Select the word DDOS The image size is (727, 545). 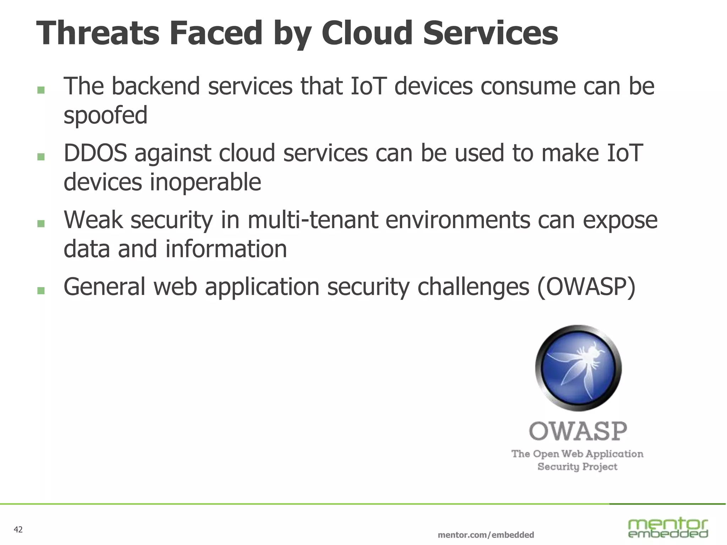click(x=95, y=153)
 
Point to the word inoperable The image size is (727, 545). click(x=205, y=182)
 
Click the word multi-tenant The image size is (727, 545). click(x=313, y=220)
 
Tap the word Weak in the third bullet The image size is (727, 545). click(x=93, y=220)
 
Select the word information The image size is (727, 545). click(x=226, y=249)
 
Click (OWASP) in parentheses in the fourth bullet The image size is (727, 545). click(x=586, y=287)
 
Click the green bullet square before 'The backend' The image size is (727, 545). click(x=41, y=90)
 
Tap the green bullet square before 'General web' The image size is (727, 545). click(x=41, y=291)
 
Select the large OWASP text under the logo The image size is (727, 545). click(x=578, y=431)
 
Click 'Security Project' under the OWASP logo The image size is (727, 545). click(x=577, y=466)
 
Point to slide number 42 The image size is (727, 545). click(x=18, y=530)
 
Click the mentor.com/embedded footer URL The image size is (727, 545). click(x=486, y=535)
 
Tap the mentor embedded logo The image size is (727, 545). click(x=668, y=528)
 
